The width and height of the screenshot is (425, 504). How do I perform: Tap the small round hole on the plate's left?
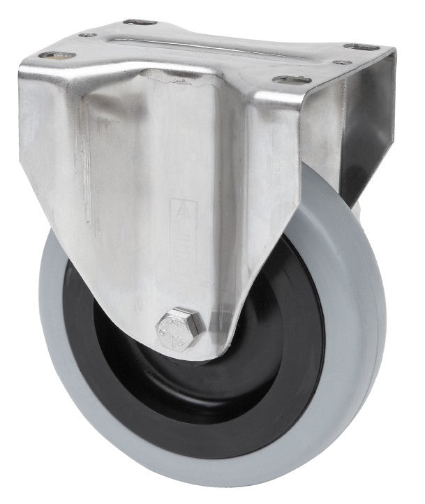coord(87,34)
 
